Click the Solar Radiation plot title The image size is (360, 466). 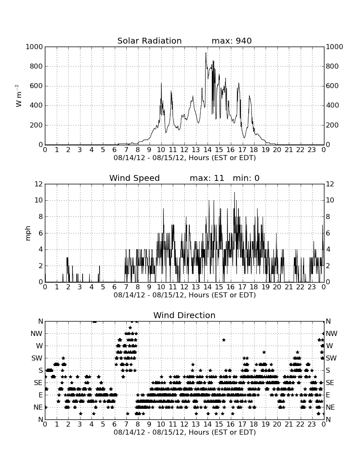[150, 41]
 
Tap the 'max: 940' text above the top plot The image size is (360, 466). [232, 41]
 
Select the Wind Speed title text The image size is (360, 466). [135, 178]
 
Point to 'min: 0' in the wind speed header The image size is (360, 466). [246, 178]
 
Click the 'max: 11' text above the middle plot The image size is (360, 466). [207, 178]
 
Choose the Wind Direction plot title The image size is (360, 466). [185, 315]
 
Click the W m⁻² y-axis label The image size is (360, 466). [19, 96]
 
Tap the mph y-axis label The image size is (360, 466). [28, 233]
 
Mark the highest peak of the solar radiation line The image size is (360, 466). [206, 53]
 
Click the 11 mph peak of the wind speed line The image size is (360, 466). [234, 192]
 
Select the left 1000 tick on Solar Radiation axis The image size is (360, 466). [34, 47]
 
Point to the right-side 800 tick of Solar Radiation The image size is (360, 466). [332, 66]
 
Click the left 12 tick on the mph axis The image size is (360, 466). [39, 184]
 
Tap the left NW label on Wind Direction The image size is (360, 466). [36, 334]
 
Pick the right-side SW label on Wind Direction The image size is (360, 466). [331, 358]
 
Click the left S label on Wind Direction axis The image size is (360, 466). [41, 371]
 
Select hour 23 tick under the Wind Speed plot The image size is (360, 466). [312, 287]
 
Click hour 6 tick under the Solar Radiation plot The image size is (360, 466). [115, 150]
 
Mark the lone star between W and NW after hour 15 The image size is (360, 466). [224, 340]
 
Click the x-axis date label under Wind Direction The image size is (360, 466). [185, 432]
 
